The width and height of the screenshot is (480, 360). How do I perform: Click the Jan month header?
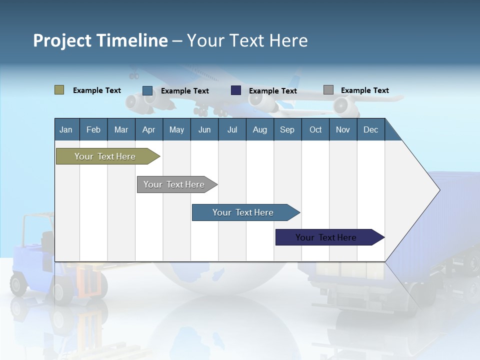(66, 129)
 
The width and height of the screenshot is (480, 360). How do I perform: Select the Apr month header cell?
(149, 129)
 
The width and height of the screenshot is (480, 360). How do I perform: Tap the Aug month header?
(259, 129)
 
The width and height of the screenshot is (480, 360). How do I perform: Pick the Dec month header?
(370, 129)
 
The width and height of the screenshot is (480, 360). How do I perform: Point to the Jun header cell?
(204, 129)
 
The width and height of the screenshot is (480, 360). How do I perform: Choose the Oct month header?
(315, 129)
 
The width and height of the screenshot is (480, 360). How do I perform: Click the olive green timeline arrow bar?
(105, 156)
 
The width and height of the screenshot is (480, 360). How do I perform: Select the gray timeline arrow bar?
(174, 184)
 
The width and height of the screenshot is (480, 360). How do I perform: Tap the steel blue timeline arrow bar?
(243, 212)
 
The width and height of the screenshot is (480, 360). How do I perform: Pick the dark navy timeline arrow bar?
(326, 237)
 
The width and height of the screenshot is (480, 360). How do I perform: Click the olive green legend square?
(59, 90)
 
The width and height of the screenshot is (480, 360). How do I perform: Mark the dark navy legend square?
(236, 90)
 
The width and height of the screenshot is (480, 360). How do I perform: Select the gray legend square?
(328, 90)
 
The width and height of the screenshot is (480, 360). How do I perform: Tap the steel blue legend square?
(147, 90)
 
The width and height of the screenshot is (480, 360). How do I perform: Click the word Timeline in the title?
(131, 40)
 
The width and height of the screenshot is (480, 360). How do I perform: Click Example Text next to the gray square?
(364, 90)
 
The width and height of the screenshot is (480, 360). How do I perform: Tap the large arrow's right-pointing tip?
(438, 190)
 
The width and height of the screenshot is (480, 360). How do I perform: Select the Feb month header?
(93, 129)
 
